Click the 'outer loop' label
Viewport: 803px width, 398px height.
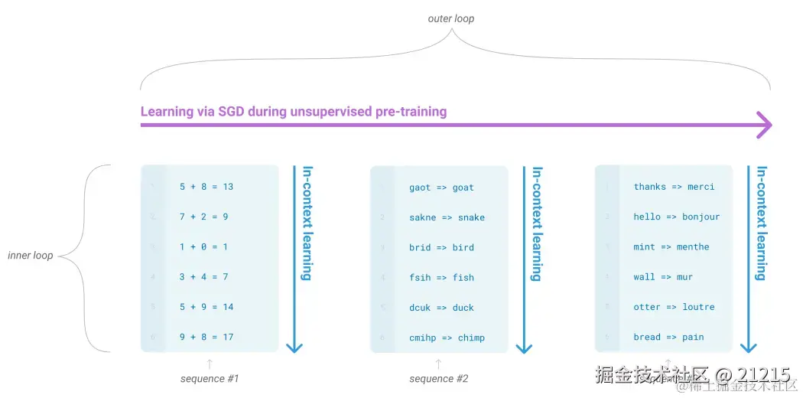click(x=450, y=18)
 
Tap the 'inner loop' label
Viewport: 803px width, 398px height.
click(x=31, y=255)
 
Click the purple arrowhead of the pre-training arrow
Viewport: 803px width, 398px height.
click(x=763, y=125)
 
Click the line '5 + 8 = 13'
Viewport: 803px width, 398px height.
click(x=206, y=187)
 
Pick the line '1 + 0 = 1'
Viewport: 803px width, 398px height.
click(x=203, y=246)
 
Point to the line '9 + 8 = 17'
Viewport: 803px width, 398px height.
click(x=206, y=337)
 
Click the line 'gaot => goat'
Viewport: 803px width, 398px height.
click(x=441, y=188)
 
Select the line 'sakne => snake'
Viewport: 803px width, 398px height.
click(x=447, y=217)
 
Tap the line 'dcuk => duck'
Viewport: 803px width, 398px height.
click(x=441, y=308)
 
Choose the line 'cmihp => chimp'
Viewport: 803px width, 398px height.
click(x=447, y=338)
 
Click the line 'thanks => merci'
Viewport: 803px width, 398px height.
click(x=674, y=187)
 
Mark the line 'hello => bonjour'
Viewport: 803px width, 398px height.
click(x=676, y=217)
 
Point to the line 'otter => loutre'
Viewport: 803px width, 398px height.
click(x=674, y=307)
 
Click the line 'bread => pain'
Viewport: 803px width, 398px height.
click(x=668, y=337)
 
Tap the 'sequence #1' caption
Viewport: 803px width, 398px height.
click(x=210, y=379)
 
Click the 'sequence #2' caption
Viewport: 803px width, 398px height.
click(x=438, y=379)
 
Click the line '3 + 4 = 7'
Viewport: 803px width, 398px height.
click(x=203, y=276)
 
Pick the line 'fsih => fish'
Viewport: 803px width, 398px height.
click(x=441, y=278)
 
